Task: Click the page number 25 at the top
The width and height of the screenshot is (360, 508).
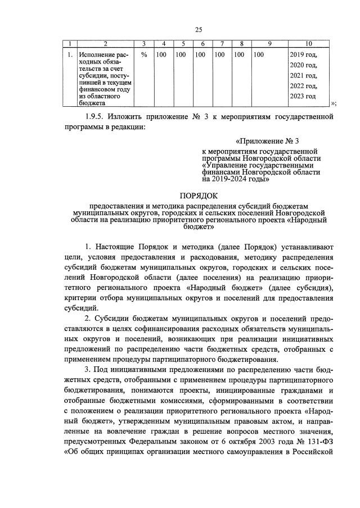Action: tap(198, 30)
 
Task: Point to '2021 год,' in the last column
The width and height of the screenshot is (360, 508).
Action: tap(303, 75)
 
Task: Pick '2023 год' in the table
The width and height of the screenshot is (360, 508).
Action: tap(303, 96)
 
